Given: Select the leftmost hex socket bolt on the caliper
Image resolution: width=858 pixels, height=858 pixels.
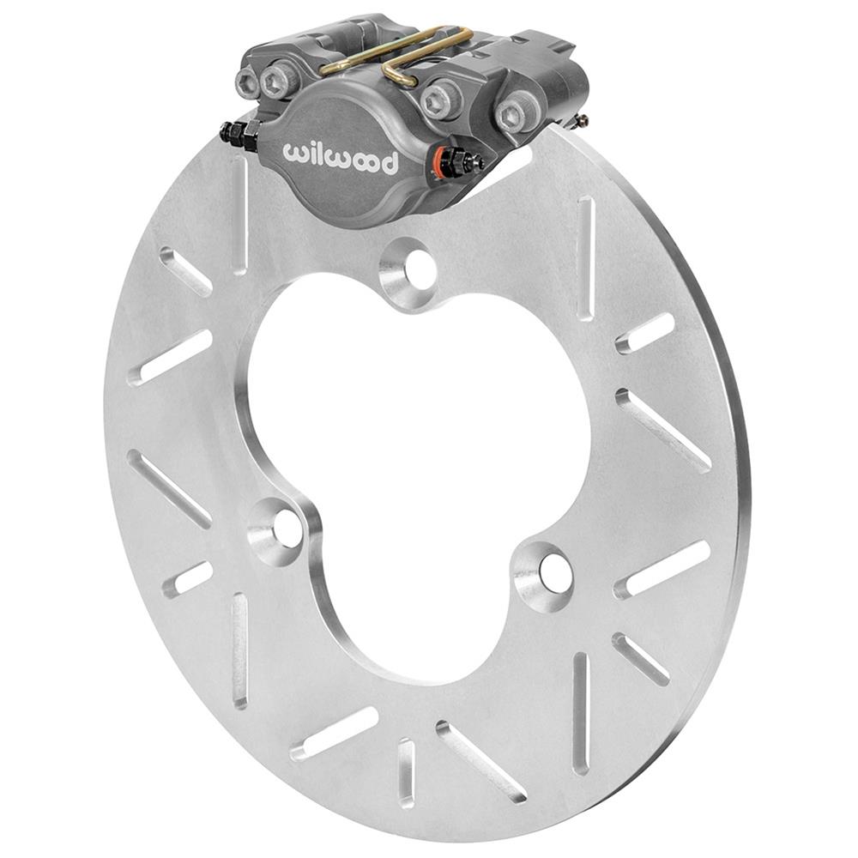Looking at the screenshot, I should click(x=247, y=83).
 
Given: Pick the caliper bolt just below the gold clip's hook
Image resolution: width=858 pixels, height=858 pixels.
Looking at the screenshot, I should click(x=442, y=96).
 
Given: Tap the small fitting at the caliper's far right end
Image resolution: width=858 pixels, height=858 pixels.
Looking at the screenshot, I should click(x=583, y=119).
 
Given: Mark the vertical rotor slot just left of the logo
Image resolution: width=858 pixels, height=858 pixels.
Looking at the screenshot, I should click(x=239, y=214).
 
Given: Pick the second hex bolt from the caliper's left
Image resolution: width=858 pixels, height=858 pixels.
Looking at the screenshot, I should click(x=281, y=81).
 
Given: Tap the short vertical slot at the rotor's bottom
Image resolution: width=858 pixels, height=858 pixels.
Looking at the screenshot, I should click(x=406, y=772).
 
